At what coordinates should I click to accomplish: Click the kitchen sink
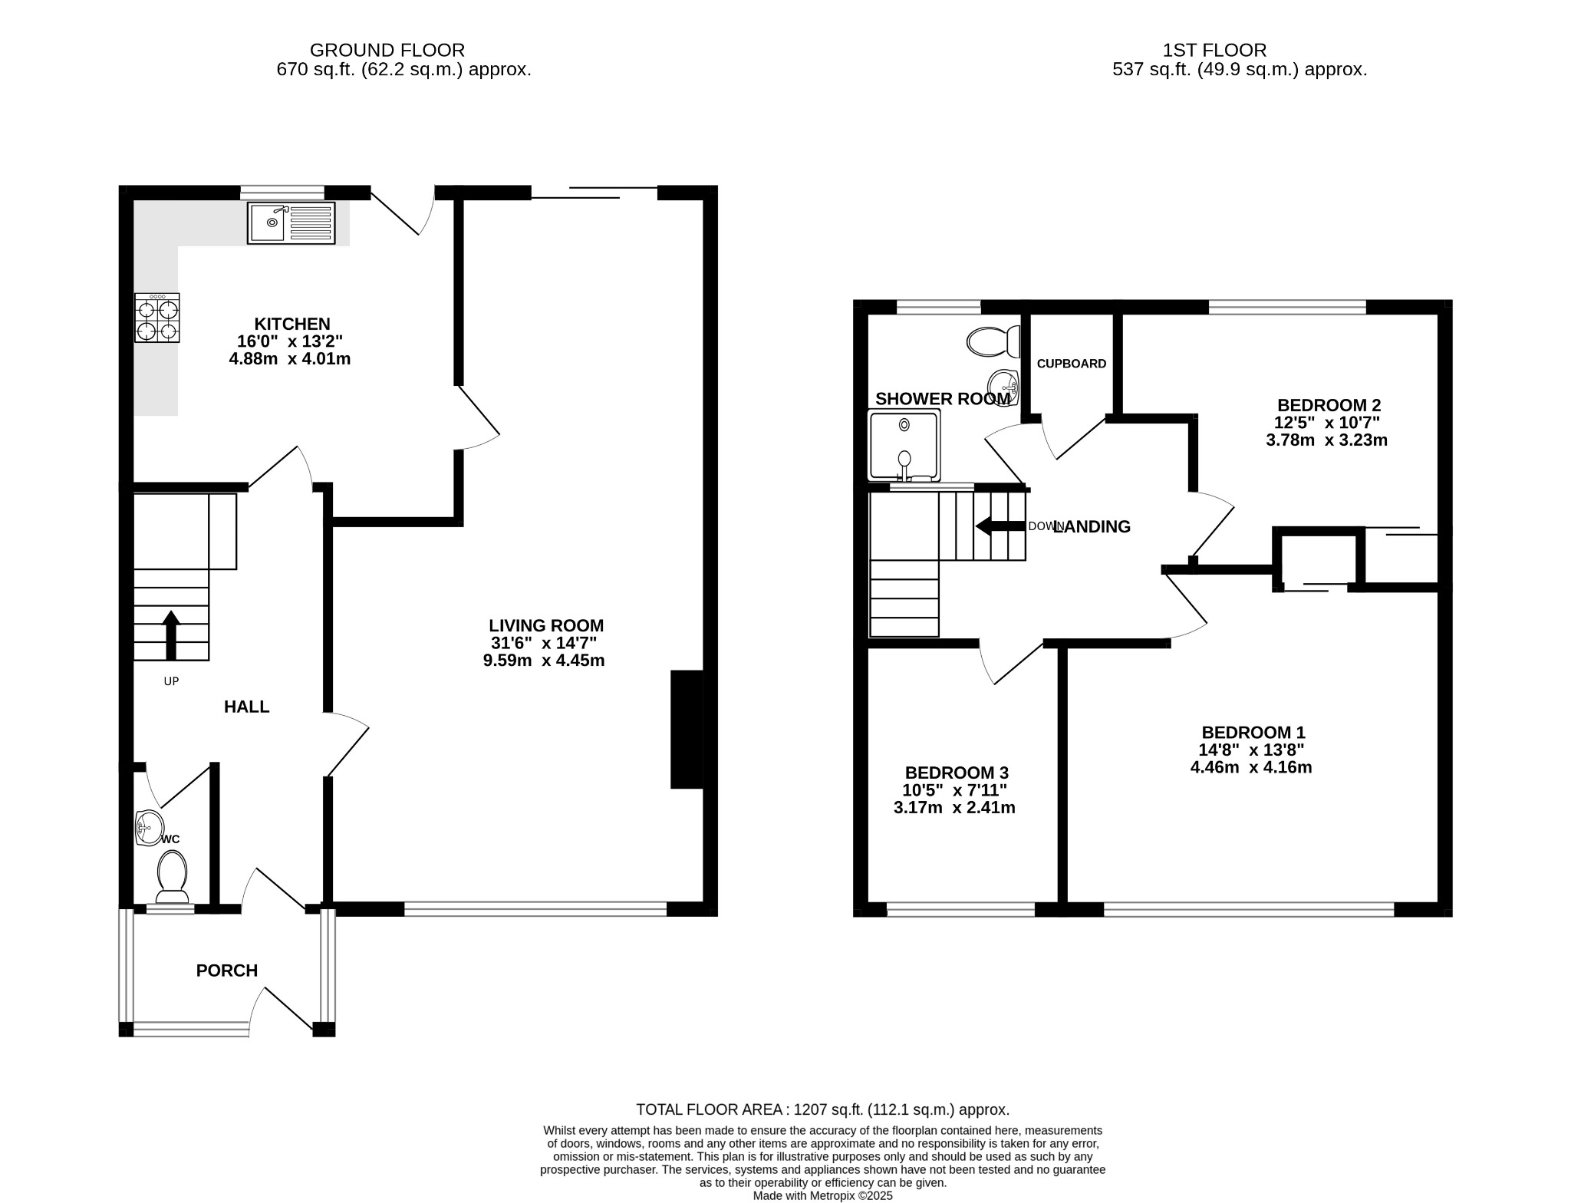pyautogui.click(x=291, y=223)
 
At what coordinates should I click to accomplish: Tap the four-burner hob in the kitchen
pyautogui.click(x=157, y=318)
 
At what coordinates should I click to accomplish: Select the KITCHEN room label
pyautogui.click(x=292, y=324)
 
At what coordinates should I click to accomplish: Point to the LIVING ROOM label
pyautogui.click(x=547, y=625)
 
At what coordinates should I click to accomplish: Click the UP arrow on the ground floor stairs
pyautogui.click(x=171, y=634)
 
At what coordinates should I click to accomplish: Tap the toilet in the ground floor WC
pyautogui.click(x=173, y=877)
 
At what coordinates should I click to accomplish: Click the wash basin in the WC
pyautogui.click(x=149, y=827)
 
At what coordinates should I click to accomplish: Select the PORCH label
pyautogui.click(x=227, y=971)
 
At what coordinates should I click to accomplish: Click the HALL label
pyautogui.click(x=247, y=707)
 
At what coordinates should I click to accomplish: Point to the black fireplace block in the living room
pyautogui.click(x=687, y=730)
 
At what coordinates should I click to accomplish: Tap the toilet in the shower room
pyautogui.click(x=993, y=341)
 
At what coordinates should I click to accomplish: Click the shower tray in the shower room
pyautogui.click(x=904, y=446)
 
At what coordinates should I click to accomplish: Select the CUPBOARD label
pyautogui.click(x=1072, y=364)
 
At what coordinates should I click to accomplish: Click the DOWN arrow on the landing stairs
pyautogui.click(x=1000, y=526)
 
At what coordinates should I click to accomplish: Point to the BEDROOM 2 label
pyautogui.click(x=1329, y=405)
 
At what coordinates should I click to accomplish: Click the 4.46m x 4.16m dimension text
pyautogui.click(x=1251, y=767)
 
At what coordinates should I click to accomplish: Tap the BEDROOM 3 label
pyautogui.click(x=957, y=773)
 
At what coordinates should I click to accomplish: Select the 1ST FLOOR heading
pyautogui.click(x=1215, y=51)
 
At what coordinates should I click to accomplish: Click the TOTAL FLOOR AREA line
pyautogui.click(x=823, y=1109)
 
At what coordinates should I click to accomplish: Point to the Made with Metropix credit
pyautogui.click(x=823, y=1195)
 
